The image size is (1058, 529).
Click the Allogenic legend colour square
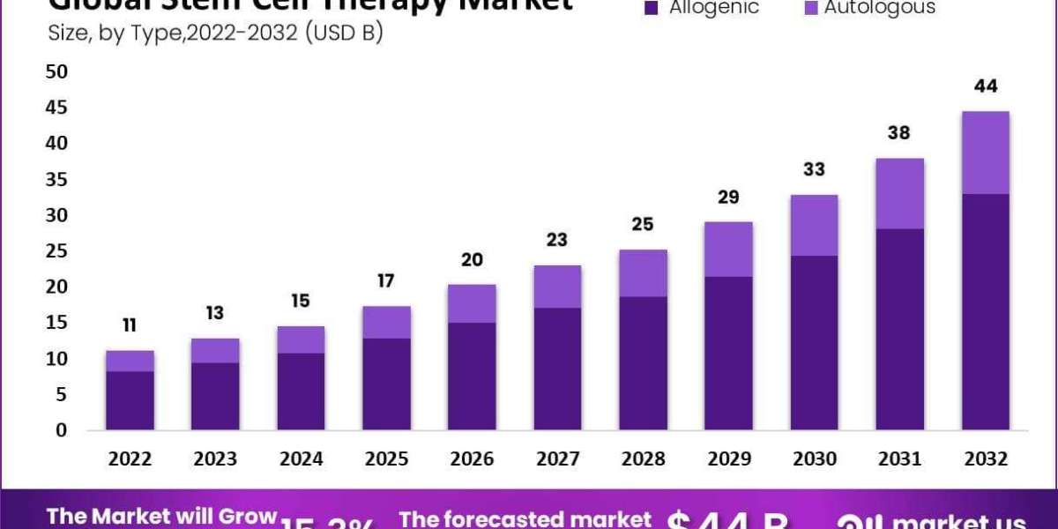(652, 8)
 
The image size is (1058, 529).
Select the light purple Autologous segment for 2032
(985, 153)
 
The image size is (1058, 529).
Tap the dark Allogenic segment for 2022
(130, 400)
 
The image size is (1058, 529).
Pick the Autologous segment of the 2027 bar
(557, 287)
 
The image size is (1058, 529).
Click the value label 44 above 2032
(986, 86)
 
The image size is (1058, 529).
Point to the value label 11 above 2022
(130, 325)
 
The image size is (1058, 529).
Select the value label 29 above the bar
(728, 197)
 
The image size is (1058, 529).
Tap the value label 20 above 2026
(472, 259)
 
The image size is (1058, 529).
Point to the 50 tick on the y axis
(56, 71)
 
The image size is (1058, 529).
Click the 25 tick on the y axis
(56, 251)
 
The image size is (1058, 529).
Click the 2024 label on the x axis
(301, 459)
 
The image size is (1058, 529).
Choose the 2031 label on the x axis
(900, 459)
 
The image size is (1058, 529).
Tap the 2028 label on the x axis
(643, 459)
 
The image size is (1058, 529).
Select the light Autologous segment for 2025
(386, 322)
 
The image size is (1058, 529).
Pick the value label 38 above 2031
(900, 133)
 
